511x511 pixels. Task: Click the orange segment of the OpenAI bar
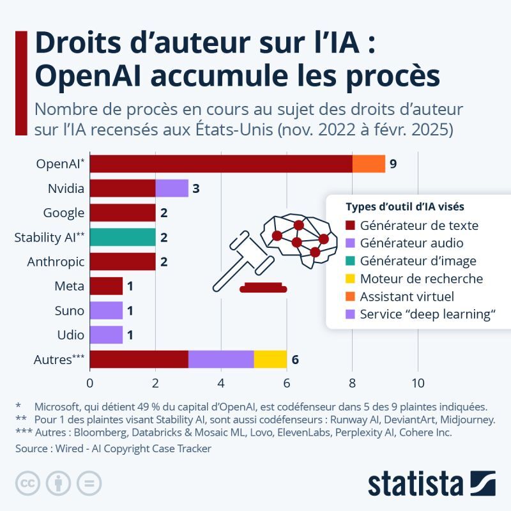[369, 164]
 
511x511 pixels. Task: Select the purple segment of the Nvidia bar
[171, 188]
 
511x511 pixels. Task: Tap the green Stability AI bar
[123, 238]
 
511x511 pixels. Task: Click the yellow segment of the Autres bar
[270, 360]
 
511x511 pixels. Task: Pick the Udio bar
[106, 335]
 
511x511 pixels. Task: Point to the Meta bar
[106, 286]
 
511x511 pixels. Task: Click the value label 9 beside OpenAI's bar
[393, 164]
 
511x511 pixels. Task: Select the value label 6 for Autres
[295, 360]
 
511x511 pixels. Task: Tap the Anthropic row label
[56, 262]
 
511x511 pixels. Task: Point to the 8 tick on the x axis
[352, 383]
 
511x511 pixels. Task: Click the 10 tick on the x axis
[418, 383]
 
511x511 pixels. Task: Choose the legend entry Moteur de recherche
[421, 278]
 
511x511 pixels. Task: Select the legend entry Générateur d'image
[418, 261]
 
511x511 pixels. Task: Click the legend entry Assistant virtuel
[407, 296]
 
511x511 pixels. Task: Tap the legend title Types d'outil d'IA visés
[404, 207]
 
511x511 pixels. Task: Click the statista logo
[431, 484]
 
